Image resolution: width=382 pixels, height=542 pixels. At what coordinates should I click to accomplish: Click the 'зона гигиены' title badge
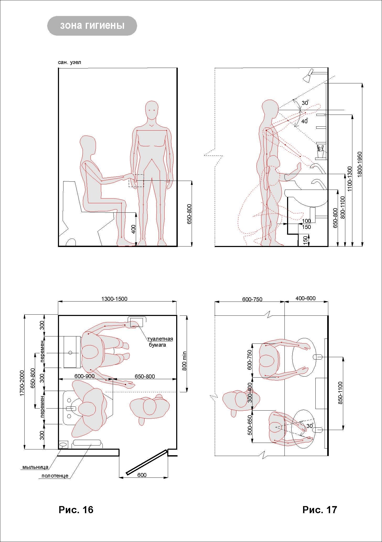point(92,26)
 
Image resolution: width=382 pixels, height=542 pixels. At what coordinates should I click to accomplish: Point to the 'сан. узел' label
point(69,62)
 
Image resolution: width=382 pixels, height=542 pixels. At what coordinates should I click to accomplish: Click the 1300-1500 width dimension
point(114,299)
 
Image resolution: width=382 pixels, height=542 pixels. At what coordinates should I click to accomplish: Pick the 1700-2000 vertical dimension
point(22,383)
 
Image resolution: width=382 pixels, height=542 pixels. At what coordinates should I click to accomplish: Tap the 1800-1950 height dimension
point(359,164)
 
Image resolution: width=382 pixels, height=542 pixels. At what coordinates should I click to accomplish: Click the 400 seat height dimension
point(133,229)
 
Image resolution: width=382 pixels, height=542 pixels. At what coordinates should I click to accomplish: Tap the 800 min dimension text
point(184,361)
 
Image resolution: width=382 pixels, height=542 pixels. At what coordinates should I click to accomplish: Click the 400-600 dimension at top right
point(305,298)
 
